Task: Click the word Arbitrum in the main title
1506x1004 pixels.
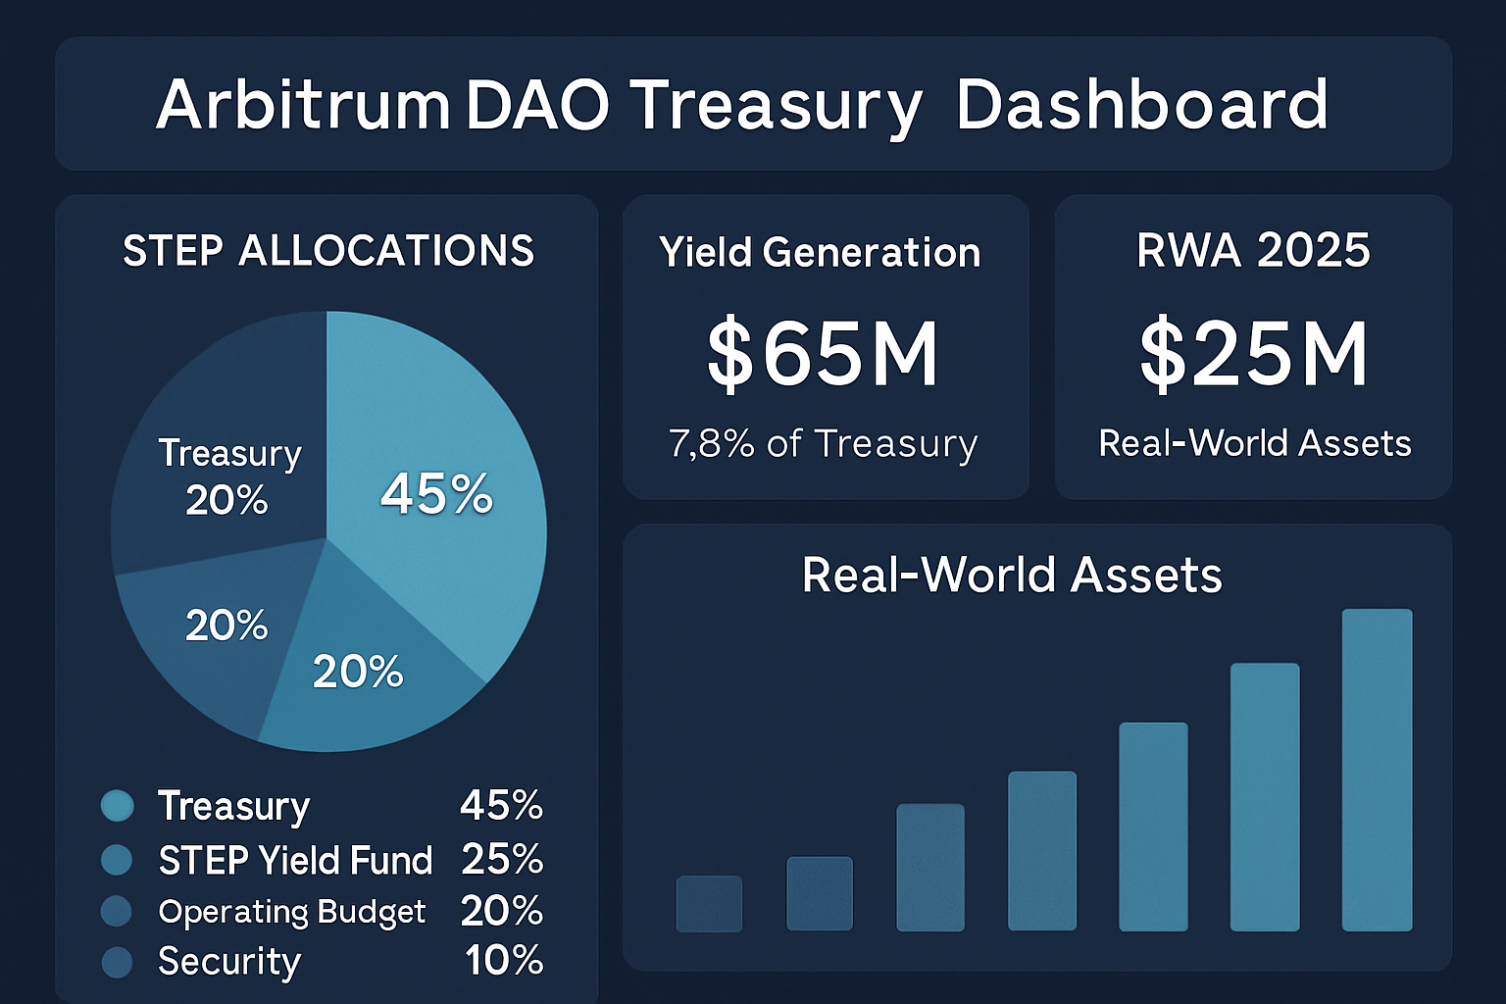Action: click(x=302, y=105)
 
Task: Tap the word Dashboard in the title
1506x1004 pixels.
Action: click(x=1141, y=105)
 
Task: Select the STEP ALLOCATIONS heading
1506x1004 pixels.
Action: click(x=328, y=251)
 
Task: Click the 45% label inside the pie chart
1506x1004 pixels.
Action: click(x=436, y=493)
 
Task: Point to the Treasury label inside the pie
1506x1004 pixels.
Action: click(x=230, y=453)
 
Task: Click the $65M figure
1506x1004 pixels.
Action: click(x=823, y=354)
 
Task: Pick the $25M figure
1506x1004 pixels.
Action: click(x=1253, y=354)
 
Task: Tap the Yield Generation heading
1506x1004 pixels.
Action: click(x=820, y=253)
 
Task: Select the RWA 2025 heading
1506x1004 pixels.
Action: click(x=1253, y=251)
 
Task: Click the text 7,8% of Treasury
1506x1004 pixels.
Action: click(x=824, y=444)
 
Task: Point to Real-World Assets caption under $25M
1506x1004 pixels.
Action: click(x=1254, y=443)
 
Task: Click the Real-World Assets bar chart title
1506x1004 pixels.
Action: click(x=1012, y=575)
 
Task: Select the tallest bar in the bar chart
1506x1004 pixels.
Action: click(x=1377, y=770)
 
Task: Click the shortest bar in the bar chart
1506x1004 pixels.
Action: click(x=709, y=903)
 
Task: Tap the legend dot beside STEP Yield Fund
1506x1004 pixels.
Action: click(x=117, y=860)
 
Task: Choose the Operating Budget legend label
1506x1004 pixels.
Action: click(x=292, y=912)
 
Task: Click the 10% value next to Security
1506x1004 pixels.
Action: click(x=504, y=961)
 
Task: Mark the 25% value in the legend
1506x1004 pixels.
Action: click(x=502, y=860)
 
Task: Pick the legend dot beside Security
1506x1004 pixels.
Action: click(x=117, y=962)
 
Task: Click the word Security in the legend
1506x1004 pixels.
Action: click(x=229, y=962)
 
